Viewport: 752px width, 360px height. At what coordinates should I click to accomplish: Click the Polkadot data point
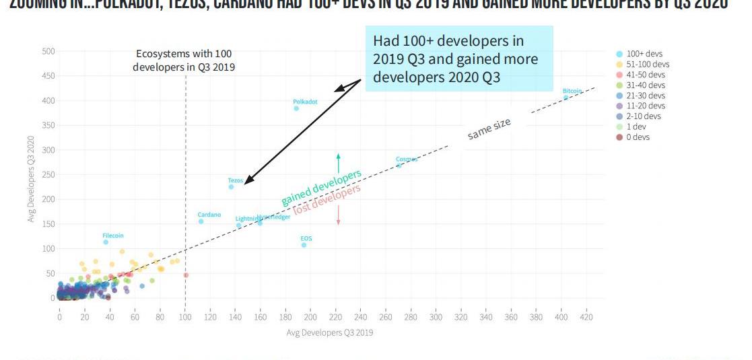click(x=296, y=108)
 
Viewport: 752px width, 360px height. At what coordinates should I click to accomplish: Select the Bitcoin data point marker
click(x=566, y=98)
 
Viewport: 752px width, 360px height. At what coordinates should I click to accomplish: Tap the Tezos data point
click(x=231, y=187)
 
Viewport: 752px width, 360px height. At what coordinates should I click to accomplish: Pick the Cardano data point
click(x=201, y=221)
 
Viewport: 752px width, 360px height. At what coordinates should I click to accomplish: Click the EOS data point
click(x=304, y=245)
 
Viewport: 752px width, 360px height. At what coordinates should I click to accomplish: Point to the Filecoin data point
click(x=106, y=242)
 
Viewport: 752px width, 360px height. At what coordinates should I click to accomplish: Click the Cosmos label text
click(x=407, y=159)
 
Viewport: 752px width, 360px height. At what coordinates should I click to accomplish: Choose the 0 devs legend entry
click(x=638, y=137)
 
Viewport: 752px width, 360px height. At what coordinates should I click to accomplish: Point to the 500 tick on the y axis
click(x=48, y=51)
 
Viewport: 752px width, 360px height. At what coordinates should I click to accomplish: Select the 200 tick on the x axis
click(x=310, y=316)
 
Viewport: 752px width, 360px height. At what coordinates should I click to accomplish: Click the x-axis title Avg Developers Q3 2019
click(x=329, y=332)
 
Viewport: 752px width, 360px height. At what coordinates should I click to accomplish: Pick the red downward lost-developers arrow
click(x=338, y=215)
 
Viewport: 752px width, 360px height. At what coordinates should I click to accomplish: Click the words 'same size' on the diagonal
click(x=489, y=130)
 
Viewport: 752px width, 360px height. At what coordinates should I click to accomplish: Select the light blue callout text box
click(x=458, y=59)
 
